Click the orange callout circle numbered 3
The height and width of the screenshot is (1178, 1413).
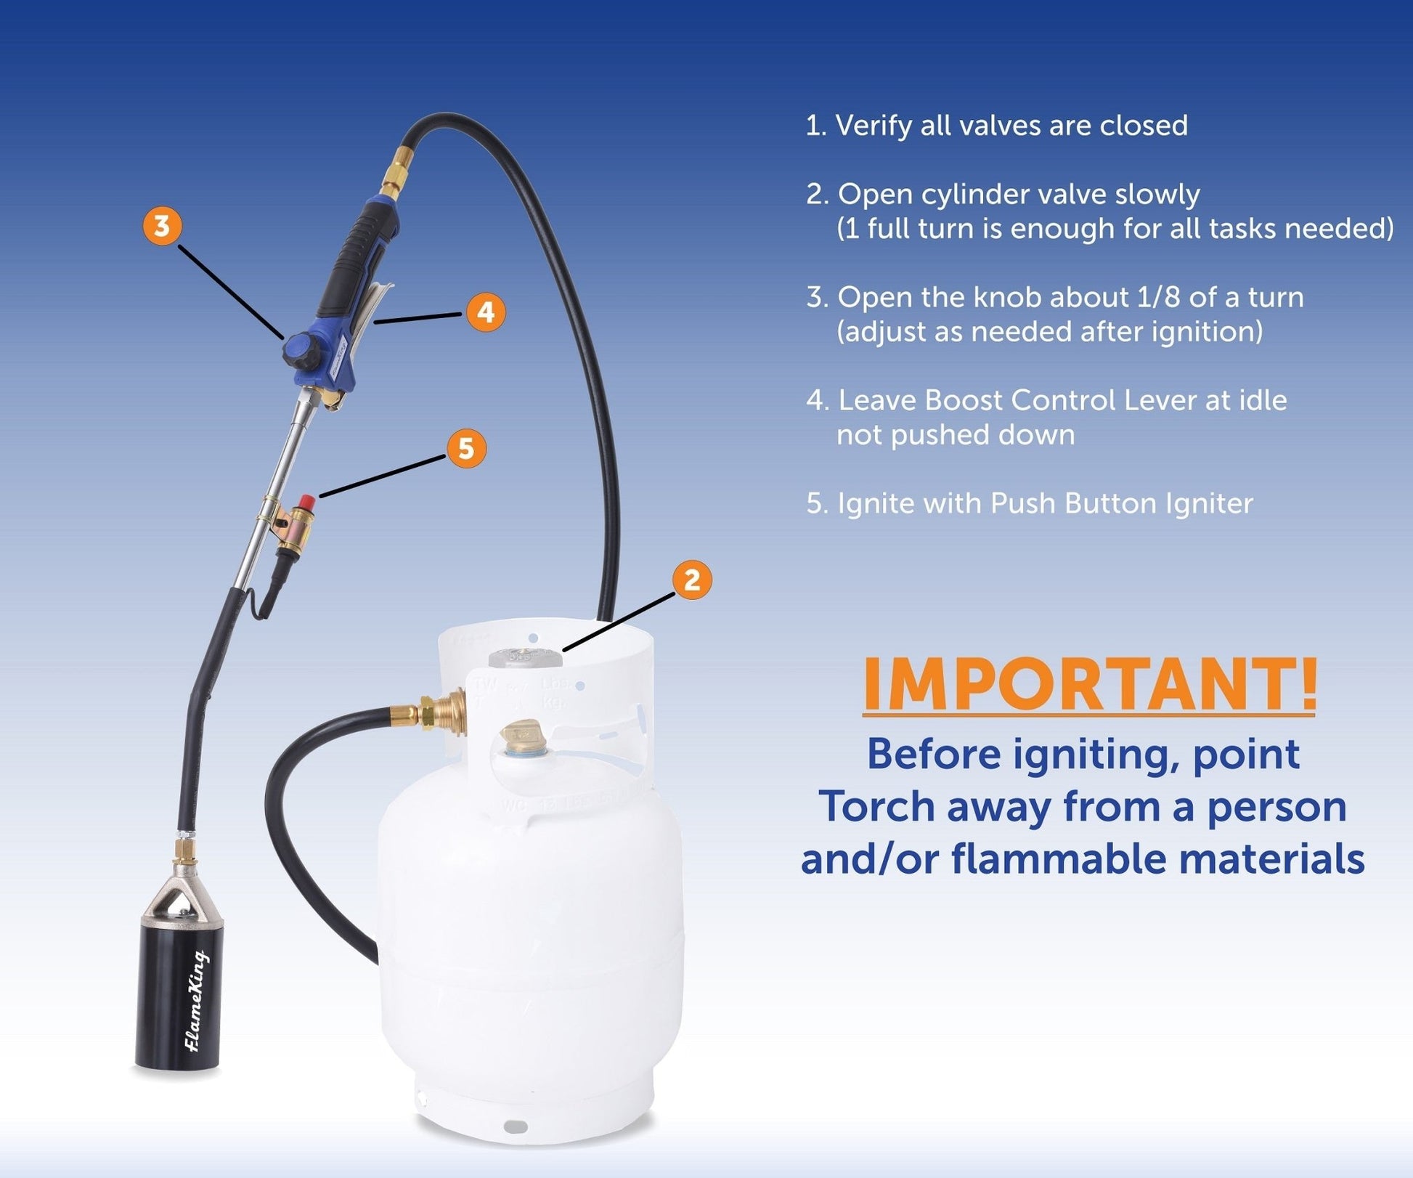tap(162, 226)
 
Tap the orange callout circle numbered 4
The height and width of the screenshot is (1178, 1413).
tap(486, 312)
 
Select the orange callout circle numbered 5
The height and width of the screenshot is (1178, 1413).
tap(466, 448)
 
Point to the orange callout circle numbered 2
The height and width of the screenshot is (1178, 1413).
tap(692, 580)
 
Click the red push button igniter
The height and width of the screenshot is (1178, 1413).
tap(306, 503)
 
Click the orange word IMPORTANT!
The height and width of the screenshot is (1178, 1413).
tap(1089, 685)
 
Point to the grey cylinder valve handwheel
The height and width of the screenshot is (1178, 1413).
tap(525, 657)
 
